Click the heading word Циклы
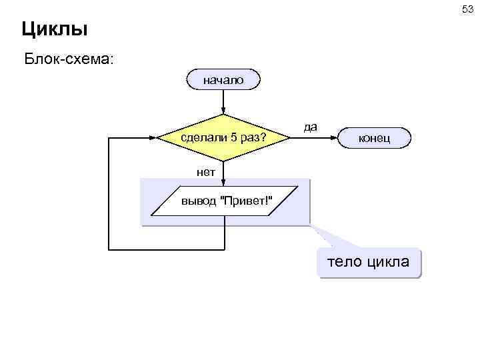[x=55, y=29]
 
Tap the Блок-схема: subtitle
[x=69, y=59]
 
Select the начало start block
[x=224, y=81]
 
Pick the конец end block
[x=374, y=138]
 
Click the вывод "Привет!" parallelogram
[x=224, y=203]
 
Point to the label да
[x=310, y=126]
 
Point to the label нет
[x=206, y=171]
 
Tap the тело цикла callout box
[x=369, y=261]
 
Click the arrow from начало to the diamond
[x=224, y=103]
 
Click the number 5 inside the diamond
[x=233, y=138]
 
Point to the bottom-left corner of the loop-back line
[x=109, y=249]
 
